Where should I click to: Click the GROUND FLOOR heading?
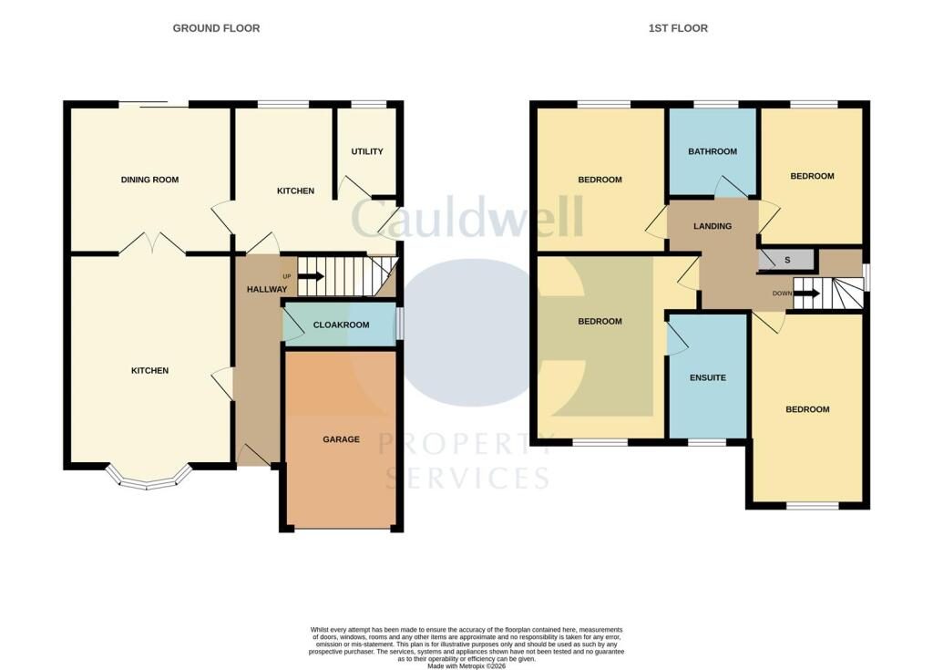point(216,28)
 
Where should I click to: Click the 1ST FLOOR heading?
point(678,28)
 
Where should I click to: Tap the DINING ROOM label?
point(149,180)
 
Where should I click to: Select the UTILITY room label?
point(367,151)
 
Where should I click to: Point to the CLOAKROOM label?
point(341,325)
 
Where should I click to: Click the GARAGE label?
point(341,439)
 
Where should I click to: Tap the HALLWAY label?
point(267,289)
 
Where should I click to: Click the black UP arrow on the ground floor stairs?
point(311,276)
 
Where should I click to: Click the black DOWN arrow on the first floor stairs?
point(807,293)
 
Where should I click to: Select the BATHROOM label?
point(713,151)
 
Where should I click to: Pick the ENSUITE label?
point(707,377)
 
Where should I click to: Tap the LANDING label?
point(713,226)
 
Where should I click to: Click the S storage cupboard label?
point(787,260)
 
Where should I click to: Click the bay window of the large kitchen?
point(149,480)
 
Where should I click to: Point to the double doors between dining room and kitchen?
point(152,242)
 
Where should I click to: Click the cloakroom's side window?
point(400,324)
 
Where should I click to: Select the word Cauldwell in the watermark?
point(467,216)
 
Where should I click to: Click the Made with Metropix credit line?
point(466,665)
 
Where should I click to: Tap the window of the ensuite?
point(707,442)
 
